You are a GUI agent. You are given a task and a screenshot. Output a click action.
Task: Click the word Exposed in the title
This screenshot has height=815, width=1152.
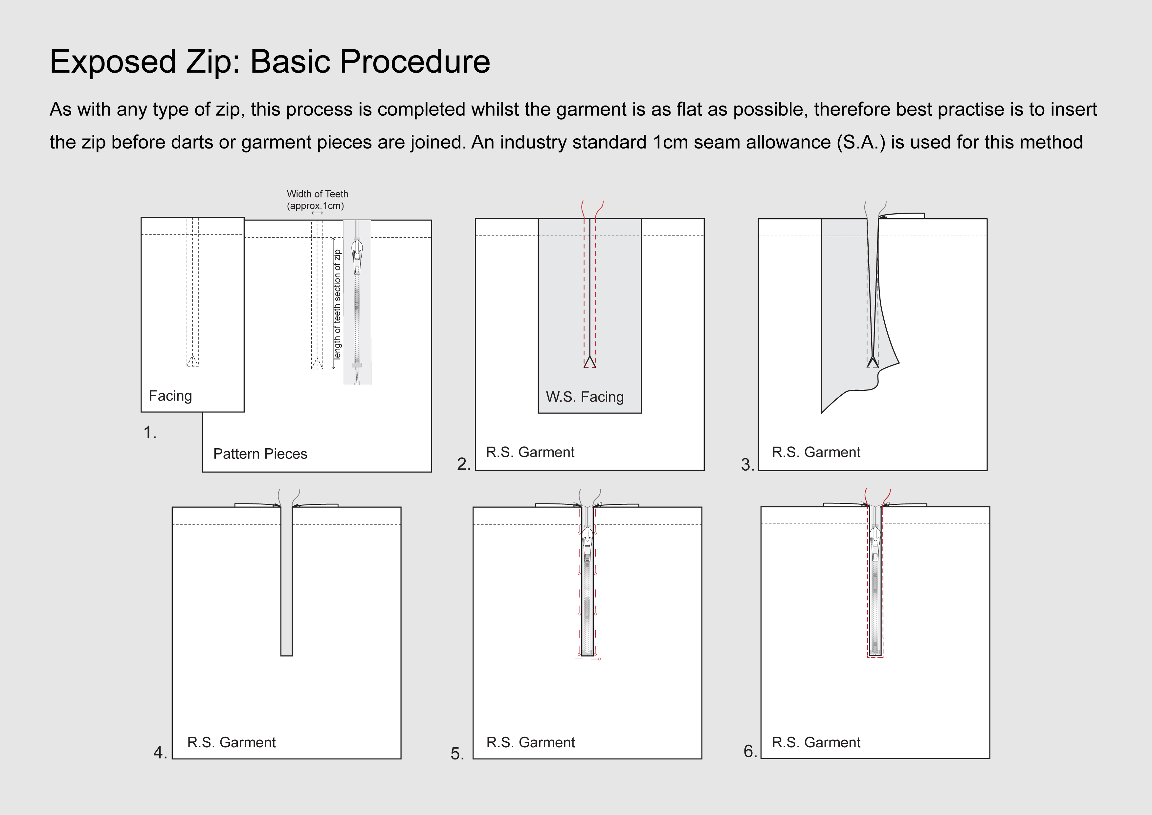tap(113, 62)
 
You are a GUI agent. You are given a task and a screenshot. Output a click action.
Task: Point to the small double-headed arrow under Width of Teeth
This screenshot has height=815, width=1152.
tap(317, 213)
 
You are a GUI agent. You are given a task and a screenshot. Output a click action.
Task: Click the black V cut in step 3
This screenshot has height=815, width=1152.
tap(873, 361)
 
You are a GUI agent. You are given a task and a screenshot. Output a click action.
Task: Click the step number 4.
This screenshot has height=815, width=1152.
tap(160, 752)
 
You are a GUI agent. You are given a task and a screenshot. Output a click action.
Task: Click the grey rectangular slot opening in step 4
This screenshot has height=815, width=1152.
tap(286, 583)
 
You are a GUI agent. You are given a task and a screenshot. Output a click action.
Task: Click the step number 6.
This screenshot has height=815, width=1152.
tap(750, 751)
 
